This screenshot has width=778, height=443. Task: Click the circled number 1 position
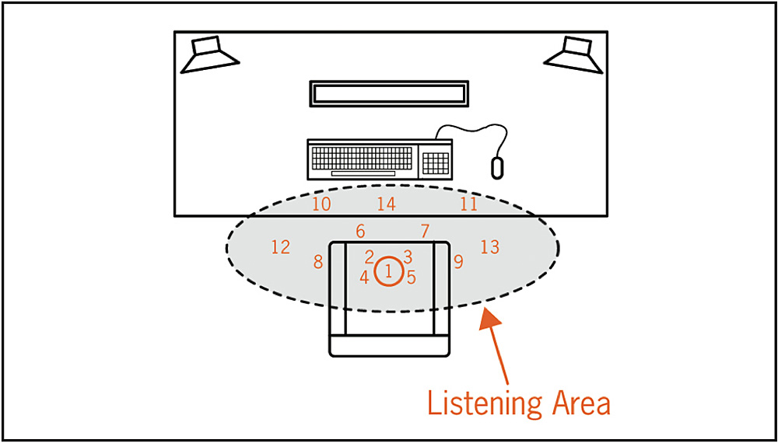click(388, 271)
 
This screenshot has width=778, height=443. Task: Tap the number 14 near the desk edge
click(387, 204)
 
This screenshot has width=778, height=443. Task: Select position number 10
click(321, 204)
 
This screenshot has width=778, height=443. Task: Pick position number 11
click(468, 204)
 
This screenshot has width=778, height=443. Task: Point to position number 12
click(281, 247)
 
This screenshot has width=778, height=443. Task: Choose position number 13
click(489, 247)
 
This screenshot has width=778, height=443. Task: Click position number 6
click(360, 231)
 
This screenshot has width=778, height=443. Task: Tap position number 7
click(425, 231)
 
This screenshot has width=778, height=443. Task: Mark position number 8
click(318, 262)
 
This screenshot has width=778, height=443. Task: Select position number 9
click(458, 262)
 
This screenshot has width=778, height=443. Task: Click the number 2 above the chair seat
click(370, 256)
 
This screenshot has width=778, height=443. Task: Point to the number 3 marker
click(408, 256)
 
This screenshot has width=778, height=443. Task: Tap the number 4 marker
click(364, 277)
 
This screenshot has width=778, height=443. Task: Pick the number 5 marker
click(412, 277)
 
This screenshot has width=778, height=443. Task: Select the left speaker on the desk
click(209, 55)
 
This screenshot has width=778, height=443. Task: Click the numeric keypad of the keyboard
click(436, 162)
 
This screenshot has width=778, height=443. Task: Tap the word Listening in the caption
click(484, 404)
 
